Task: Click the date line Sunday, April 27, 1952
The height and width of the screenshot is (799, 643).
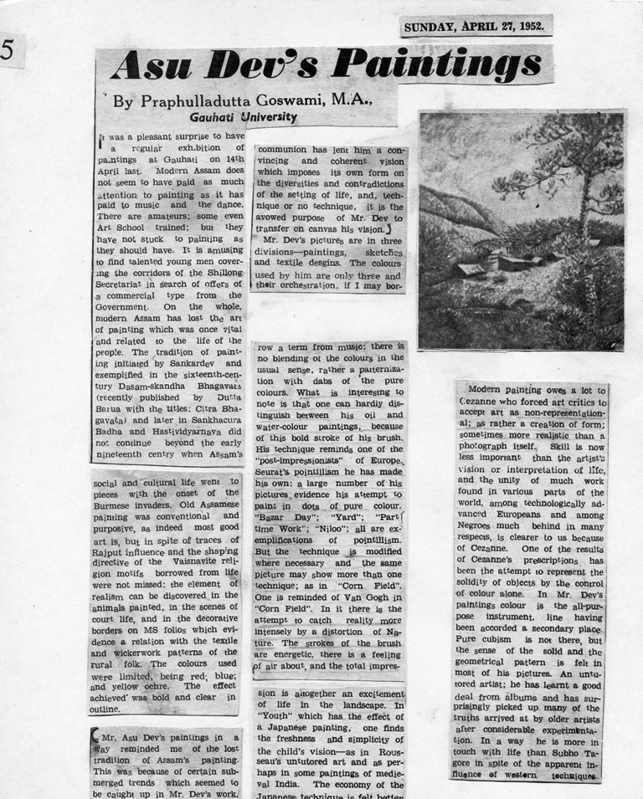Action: [475, 27]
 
